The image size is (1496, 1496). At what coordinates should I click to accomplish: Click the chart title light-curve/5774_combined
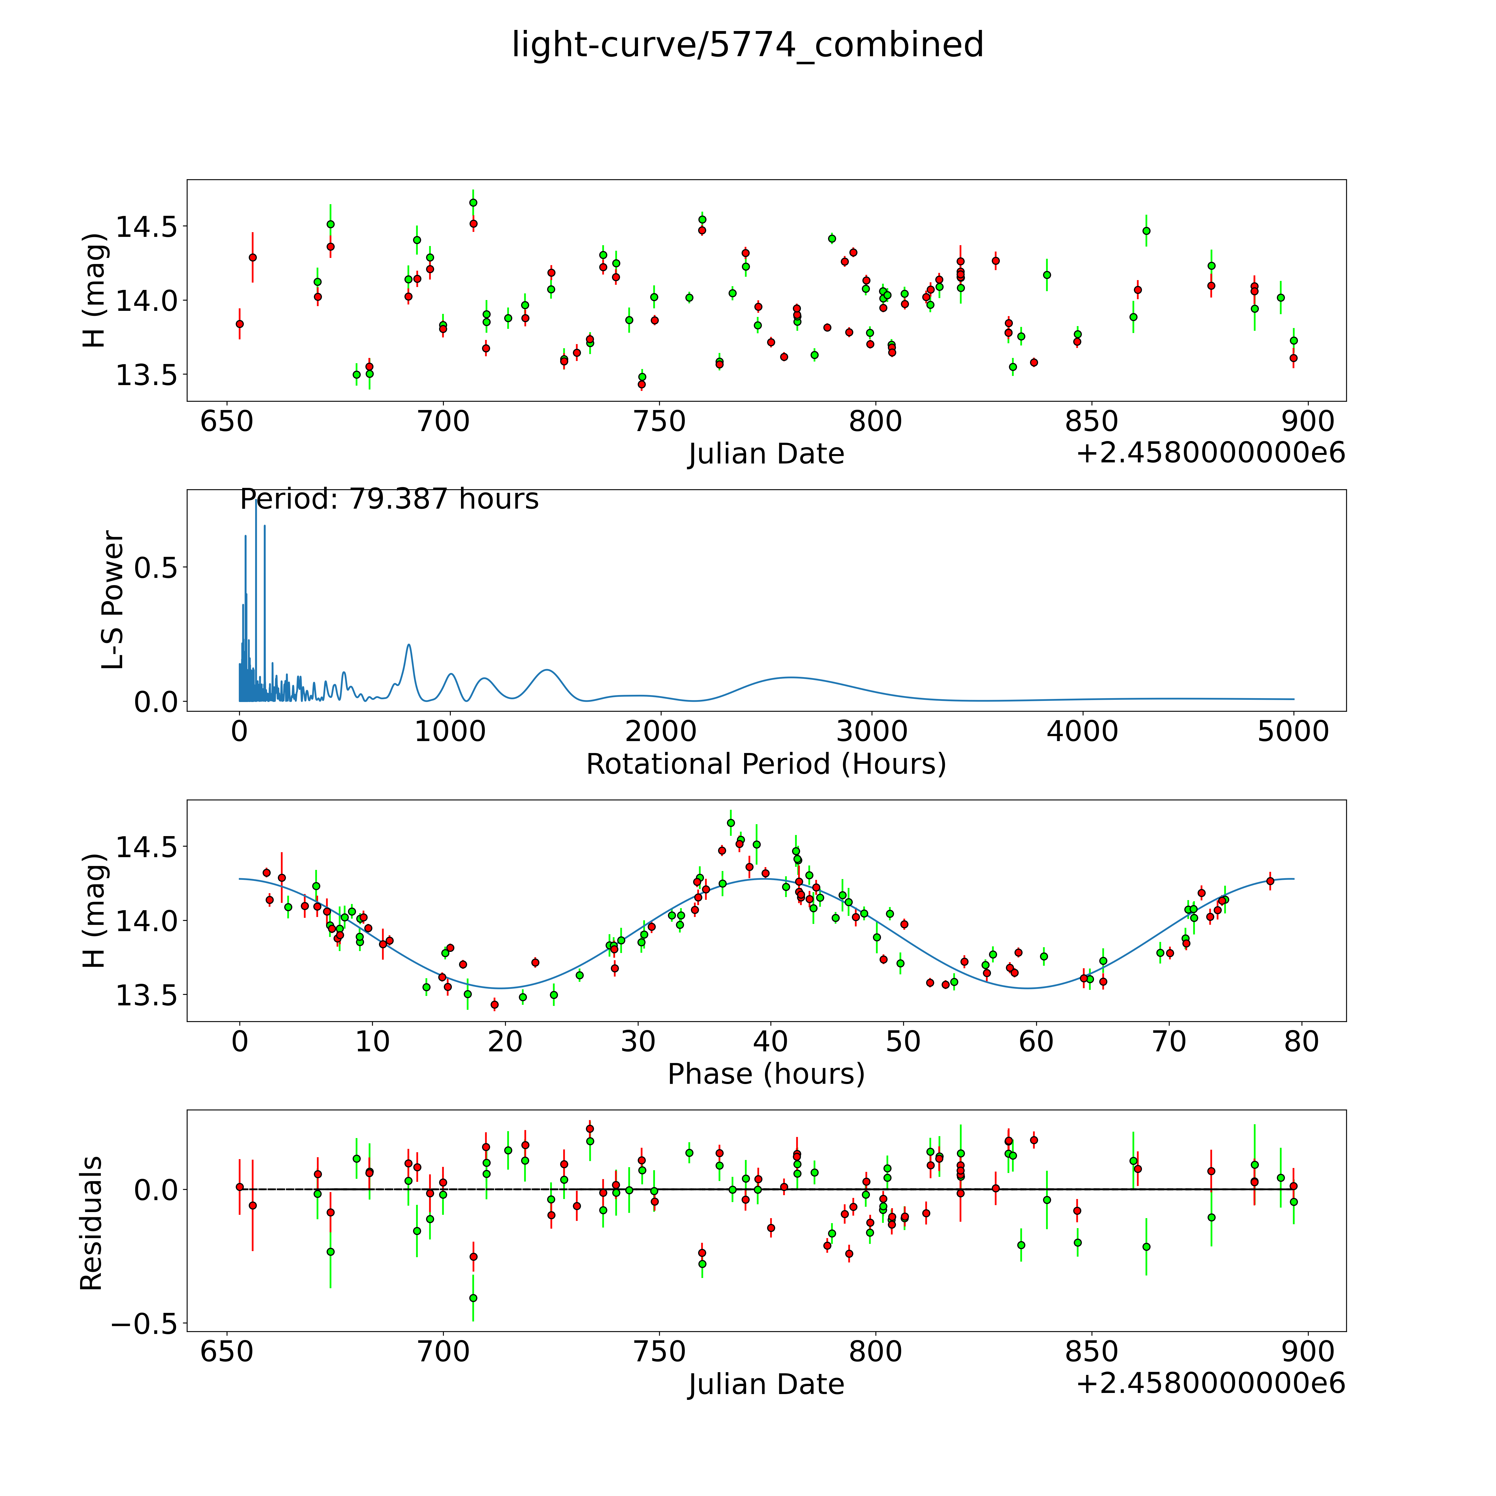pyautogui.click(x=747, y=45)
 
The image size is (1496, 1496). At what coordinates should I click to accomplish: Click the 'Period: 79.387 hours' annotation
pyautogui.click(x=389, y=499)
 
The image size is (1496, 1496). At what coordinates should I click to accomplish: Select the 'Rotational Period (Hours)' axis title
pyautogui.click(x=766, y=764)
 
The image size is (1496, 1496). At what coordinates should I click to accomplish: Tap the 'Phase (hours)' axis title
pyautogui.click(x=766, y=1074)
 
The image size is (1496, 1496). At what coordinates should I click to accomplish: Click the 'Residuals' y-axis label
pyautogui.click(x=91, y=1223)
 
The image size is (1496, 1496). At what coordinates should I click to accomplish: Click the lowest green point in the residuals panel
pyautogui.click(x=473, y=1298)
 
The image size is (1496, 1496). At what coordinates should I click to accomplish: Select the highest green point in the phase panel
pyautogui.click(x=731, y=823)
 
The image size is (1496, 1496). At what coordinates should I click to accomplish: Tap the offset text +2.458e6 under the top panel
pyautogui.click(x=1210, y=453)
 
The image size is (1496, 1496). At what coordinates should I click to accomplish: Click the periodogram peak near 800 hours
pyautogui.click(x=409, y=645)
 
